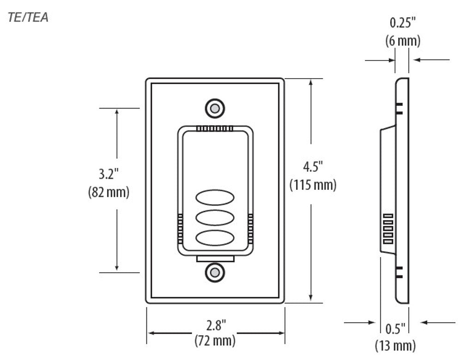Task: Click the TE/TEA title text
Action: click(x=28, y=18)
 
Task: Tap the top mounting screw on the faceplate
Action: click(x=215, y=108)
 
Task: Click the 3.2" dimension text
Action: click(x=109, y=174)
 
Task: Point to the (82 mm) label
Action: click(x=109, y=192)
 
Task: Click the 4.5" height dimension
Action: click(x=313, y=166)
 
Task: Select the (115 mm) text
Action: click(x=313, y=185)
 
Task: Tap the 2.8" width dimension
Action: click(x=215, y=325)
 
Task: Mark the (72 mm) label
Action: click(x=215, y=342)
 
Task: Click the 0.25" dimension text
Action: click(x=403, y=23)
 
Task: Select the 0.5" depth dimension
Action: click(x=395, y=329)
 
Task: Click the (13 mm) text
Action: click(x=395, y=345)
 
